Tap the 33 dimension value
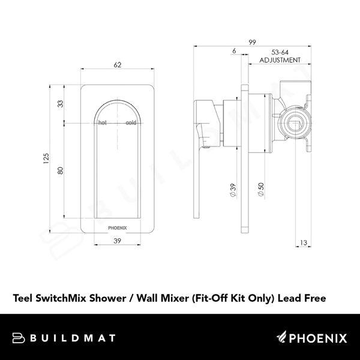pos(60,103)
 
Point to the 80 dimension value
pos(60,171)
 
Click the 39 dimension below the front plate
pos(118,241)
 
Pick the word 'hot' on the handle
pos(103,122)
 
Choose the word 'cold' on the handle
pos(131,122)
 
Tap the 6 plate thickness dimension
pos(233,52)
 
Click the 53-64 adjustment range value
pos(280,52)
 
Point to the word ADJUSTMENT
pos(280,61)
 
